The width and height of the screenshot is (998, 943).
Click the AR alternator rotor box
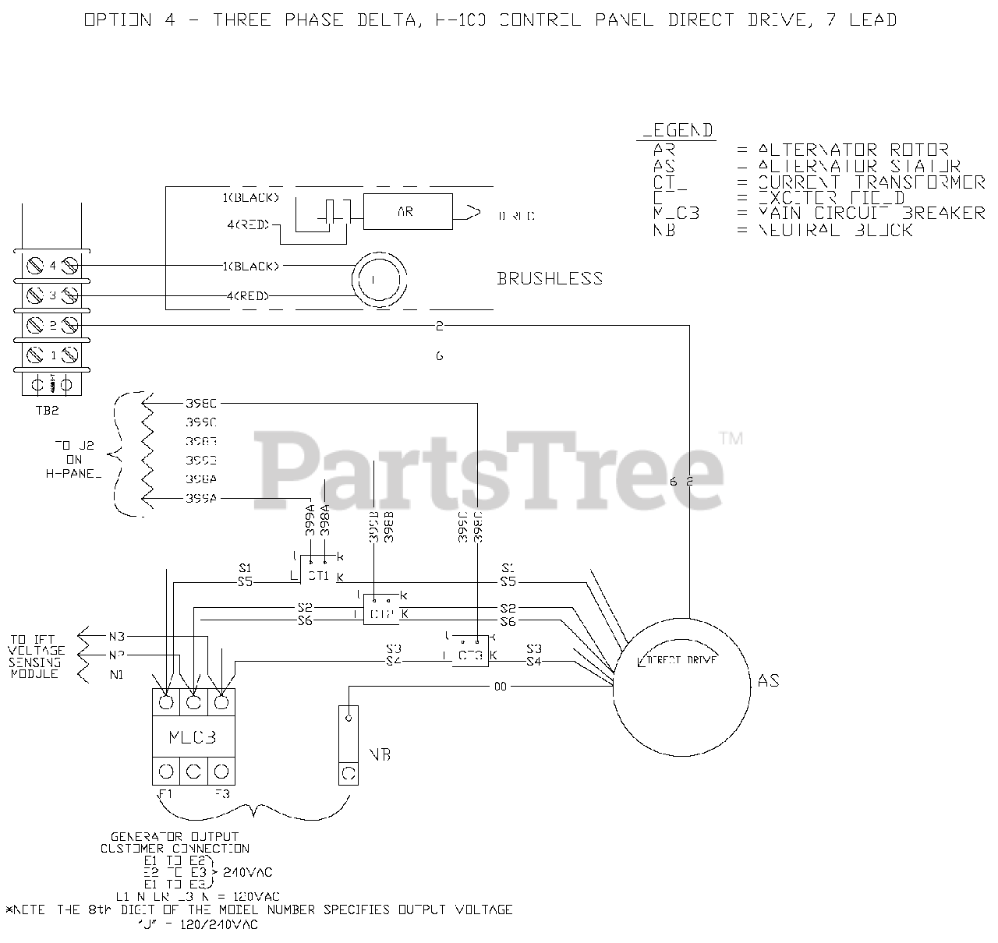[x=407, y=212]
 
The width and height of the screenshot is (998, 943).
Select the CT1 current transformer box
[x=318, y=575]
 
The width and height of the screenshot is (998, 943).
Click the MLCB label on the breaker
[x=193, y=736]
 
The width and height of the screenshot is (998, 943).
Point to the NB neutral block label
[x=380, y=754]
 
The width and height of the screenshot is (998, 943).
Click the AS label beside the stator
[x=768, y=681]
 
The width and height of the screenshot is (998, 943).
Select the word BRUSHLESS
[x=550, y=278]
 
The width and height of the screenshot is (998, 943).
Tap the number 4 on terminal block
[x=53, y=265]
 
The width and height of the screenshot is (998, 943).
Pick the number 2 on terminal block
[x=53, y=325]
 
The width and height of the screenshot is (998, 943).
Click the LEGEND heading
[x=677, y=131]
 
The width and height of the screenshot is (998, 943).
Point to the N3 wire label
[x=117, y=635]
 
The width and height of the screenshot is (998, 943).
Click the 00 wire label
[x=500, y=687]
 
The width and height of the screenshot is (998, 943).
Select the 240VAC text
[x=248, y=871]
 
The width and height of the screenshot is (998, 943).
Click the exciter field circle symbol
[x=377, y=279]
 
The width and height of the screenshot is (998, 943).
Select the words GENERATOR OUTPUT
[x=175, y=836]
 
